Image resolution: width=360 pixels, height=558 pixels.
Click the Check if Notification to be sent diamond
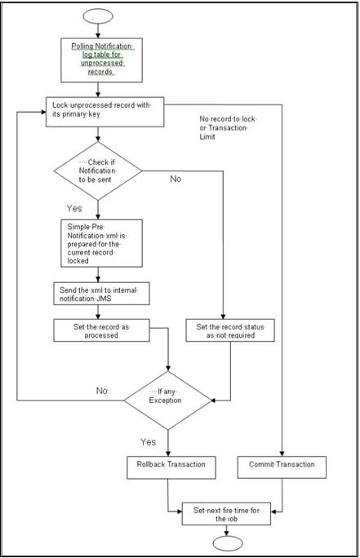[98, 171]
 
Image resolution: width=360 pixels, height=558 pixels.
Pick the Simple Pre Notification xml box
[101, 243]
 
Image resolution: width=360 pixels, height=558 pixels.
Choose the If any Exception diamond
[167, 400]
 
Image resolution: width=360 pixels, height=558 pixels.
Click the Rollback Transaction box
[167, 467]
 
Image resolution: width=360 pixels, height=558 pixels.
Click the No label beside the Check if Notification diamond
[176, 178]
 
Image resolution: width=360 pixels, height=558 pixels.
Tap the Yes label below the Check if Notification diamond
[74, 209]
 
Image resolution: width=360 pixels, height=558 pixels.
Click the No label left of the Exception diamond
[101, 391]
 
